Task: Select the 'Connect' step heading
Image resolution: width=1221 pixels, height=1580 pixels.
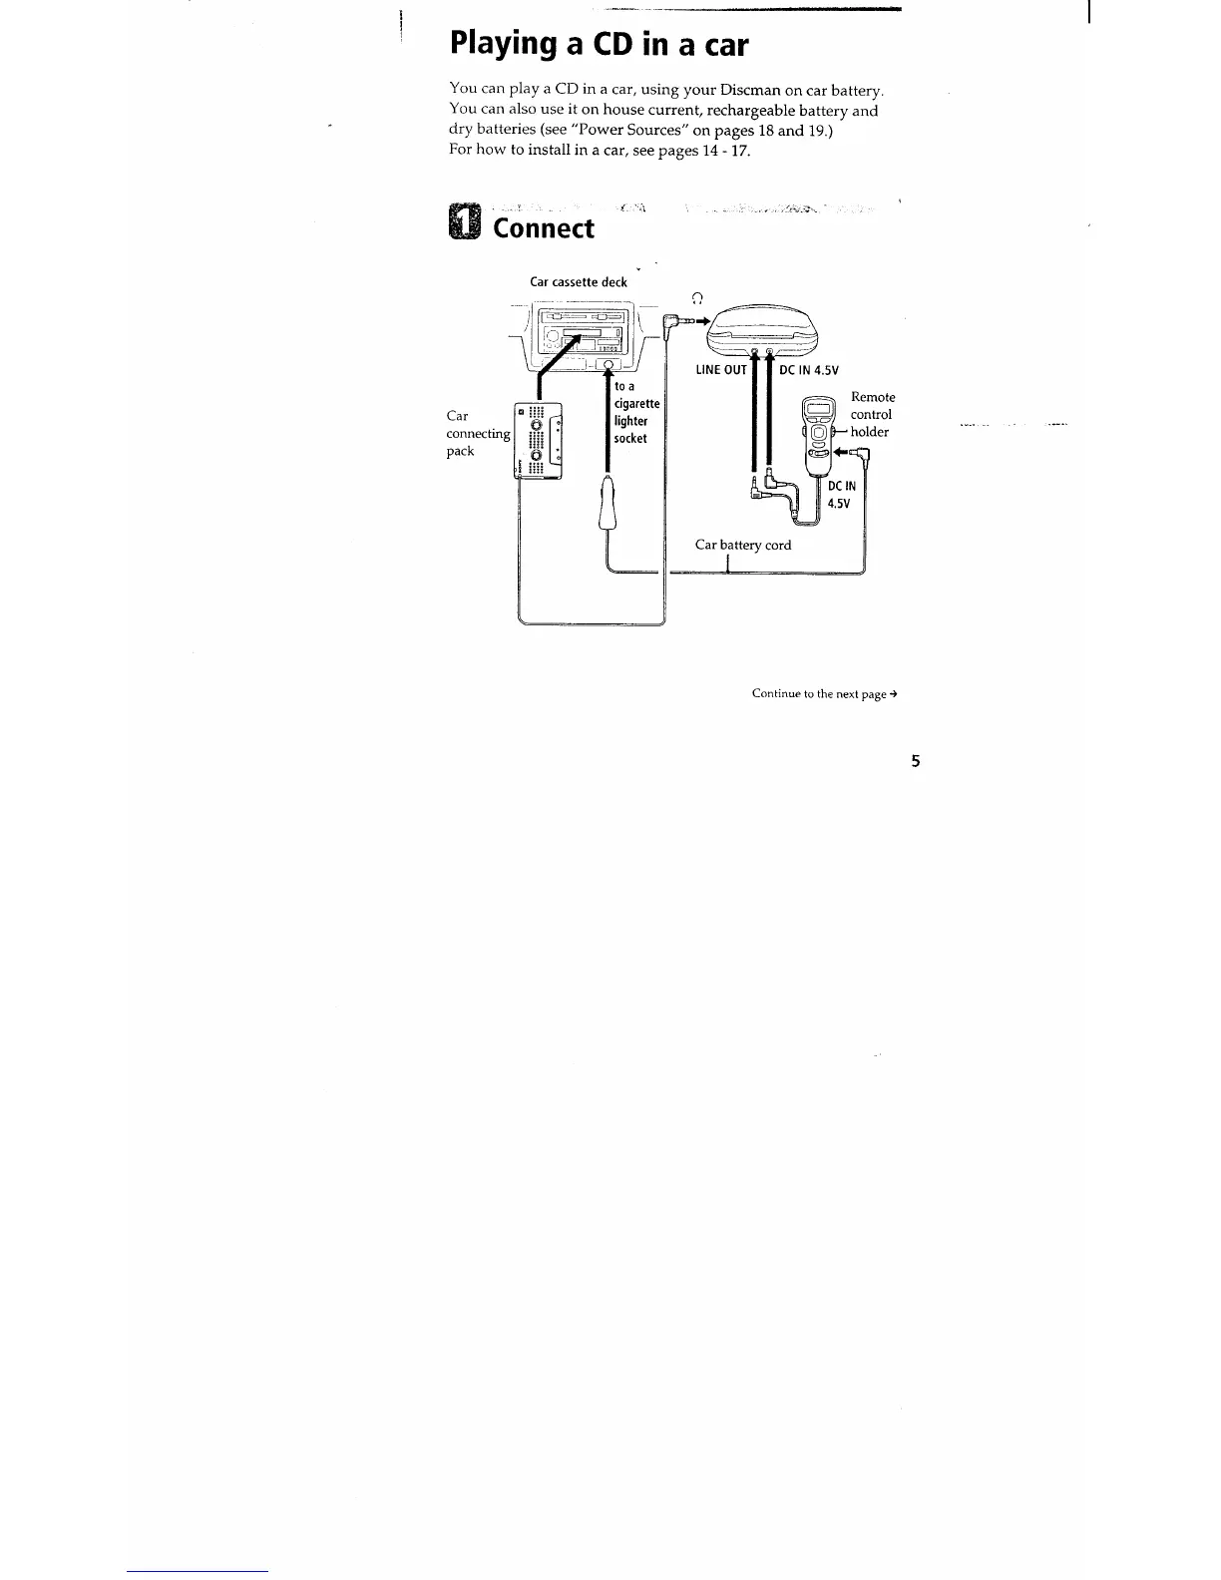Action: pyautogui.click(x=544, y=228)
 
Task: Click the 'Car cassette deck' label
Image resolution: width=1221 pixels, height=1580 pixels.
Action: pyautogui.click(x=578, y=282)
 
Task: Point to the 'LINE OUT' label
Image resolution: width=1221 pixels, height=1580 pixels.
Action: pyautogui.click(x=721, y=370)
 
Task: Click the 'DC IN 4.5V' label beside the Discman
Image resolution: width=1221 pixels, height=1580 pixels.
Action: pyautogui.click(x=809, y=370)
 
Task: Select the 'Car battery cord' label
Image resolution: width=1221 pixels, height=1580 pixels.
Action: pyautogui.click(x=743, y=545)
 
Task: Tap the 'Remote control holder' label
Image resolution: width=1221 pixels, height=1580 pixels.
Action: pyautogui.click(x=872, y=414)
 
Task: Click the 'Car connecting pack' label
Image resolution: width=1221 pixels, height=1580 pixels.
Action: pyautogui.click(x=477, y=433)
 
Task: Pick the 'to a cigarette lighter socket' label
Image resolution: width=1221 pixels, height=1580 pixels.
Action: pyautogui.click(x=636, y=412)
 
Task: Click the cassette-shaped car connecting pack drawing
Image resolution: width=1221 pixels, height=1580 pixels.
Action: pyautogui.click(x=537, y=441)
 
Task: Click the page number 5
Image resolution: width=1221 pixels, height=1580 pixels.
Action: pyautogui.click(x=915, y=762)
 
